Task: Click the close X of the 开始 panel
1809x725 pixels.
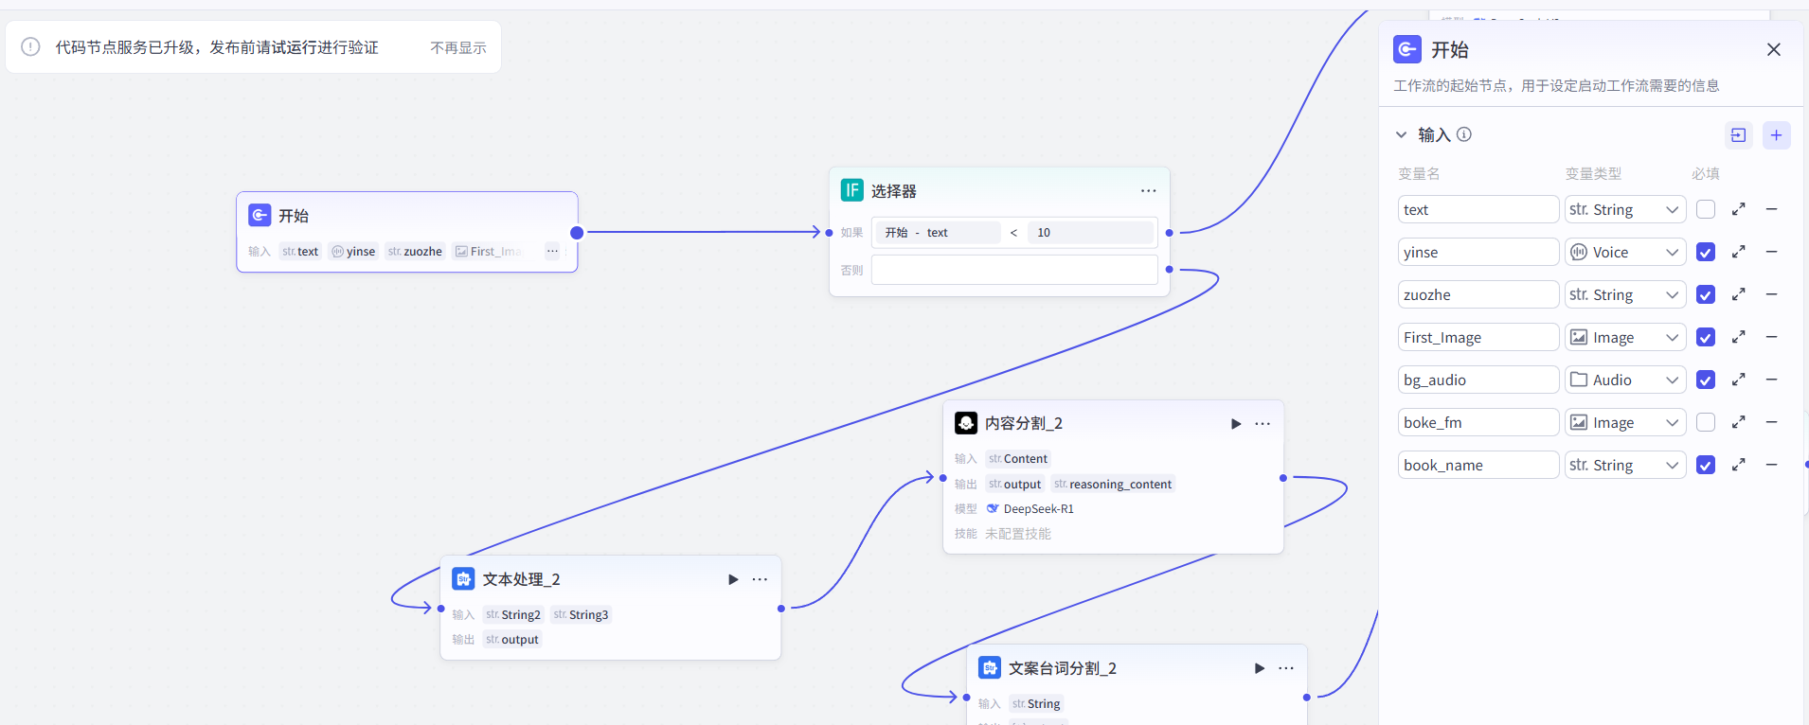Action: click(1774, 49)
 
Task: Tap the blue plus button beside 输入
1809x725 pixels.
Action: click(1776, 135)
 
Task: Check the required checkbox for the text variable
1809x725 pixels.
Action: click(1706, 209)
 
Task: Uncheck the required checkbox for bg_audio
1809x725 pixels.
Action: click(1706, 380)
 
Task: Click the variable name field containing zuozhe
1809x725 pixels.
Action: click(1478, 294)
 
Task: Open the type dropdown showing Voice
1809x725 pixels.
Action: click(1624, 252)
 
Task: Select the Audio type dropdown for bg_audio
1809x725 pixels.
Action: click(1624, 380)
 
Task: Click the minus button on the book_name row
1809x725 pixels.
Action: click(1771, 465)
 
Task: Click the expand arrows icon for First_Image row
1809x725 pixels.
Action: click(1739, 337)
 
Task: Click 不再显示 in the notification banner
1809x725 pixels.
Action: click(458, 47)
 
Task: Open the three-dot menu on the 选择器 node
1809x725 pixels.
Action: click(1148, 191)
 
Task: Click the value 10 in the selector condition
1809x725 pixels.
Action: click(1044, 233)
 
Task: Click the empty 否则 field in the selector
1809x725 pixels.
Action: click(1013, 270)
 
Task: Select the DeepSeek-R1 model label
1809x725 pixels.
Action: click(1038, 509)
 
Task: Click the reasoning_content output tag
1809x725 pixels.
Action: click(1113, 485)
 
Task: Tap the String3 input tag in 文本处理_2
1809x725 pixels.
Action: click(582, 615)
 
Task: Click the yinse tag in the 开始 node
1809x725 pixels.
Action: click(353, 252)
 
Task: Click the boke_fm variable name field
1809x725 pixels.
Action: click(1478, 422)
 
